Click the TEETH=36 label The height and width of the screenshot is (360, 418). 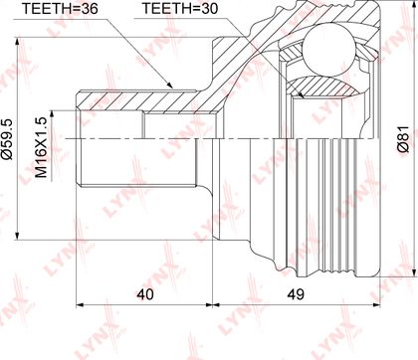pos(60,8)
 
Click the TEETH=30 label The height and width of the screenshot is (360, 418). pos(180,8)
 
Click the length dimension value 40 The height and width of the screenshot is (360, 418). pos(145,294)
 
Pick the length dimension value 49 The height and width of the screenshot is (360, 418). pos(296,294)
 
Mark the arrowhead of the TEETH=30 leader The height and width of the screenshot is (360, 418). pos(301,94)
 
